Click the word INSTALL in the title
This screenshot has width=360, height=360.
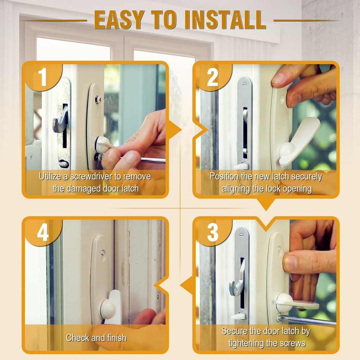[x=225, y=20]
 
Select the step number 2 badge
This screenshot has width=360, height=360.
[x=213, y=77]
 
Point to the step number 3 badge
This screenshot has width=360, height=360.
[x=213, y=232]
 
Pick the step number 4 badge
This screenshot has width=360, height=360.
[x=43, y=232]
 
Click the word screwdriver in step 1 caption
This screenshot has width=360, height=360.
[x=91, y=176]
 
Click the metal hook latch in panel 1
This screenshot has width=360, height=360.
[x=60, y=120]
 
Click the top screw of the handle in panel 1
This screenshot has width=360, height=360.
[x=98, y=99]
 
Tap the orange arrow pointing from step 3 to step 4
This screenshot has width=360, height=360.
[x=186, y=285]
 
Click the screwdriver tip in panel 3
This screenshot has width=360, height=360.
[x=280, y=318]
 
